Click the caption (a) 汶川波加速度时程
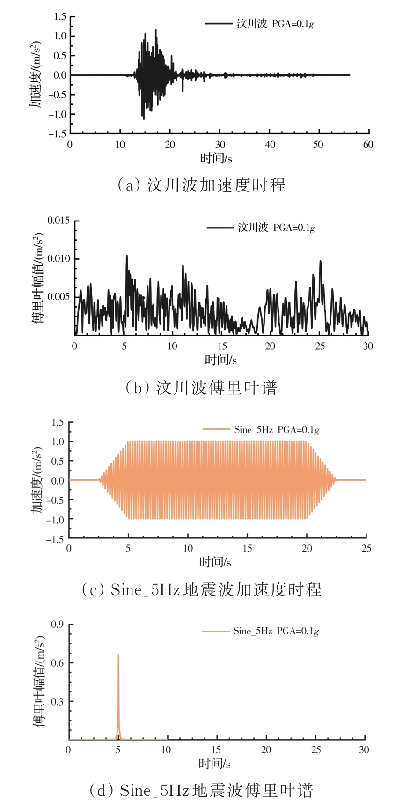point(201,185)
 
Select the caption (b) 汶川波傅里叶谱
point(201,388)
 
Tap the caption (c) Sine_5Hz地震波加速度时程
point(201,589)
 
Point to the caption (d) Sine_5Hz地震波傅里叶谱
point(201,791)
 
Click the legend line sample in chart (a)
point(218,23)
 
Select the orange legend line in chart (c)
point(217,429)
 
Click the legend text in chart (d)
point(276,631)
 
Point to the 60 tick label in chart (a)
point(368,145)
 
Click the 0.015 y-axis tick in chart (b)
point(59,221)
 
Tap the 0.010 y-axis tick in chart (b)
point(59,259)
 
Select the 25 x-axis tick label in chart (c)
point(366,548)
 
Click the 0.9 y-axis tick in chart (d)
point(58,624)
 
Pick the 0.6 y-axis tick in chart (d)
point(58,663)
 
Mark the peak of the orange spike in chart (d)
point(118,655)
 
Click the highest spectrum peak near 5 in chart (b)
point(126,256)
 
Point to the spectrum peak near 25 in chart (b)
point(321,261)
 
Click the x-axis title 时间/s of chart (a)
point(216,158)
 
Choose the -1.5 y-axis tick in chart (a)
point(57,134)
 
